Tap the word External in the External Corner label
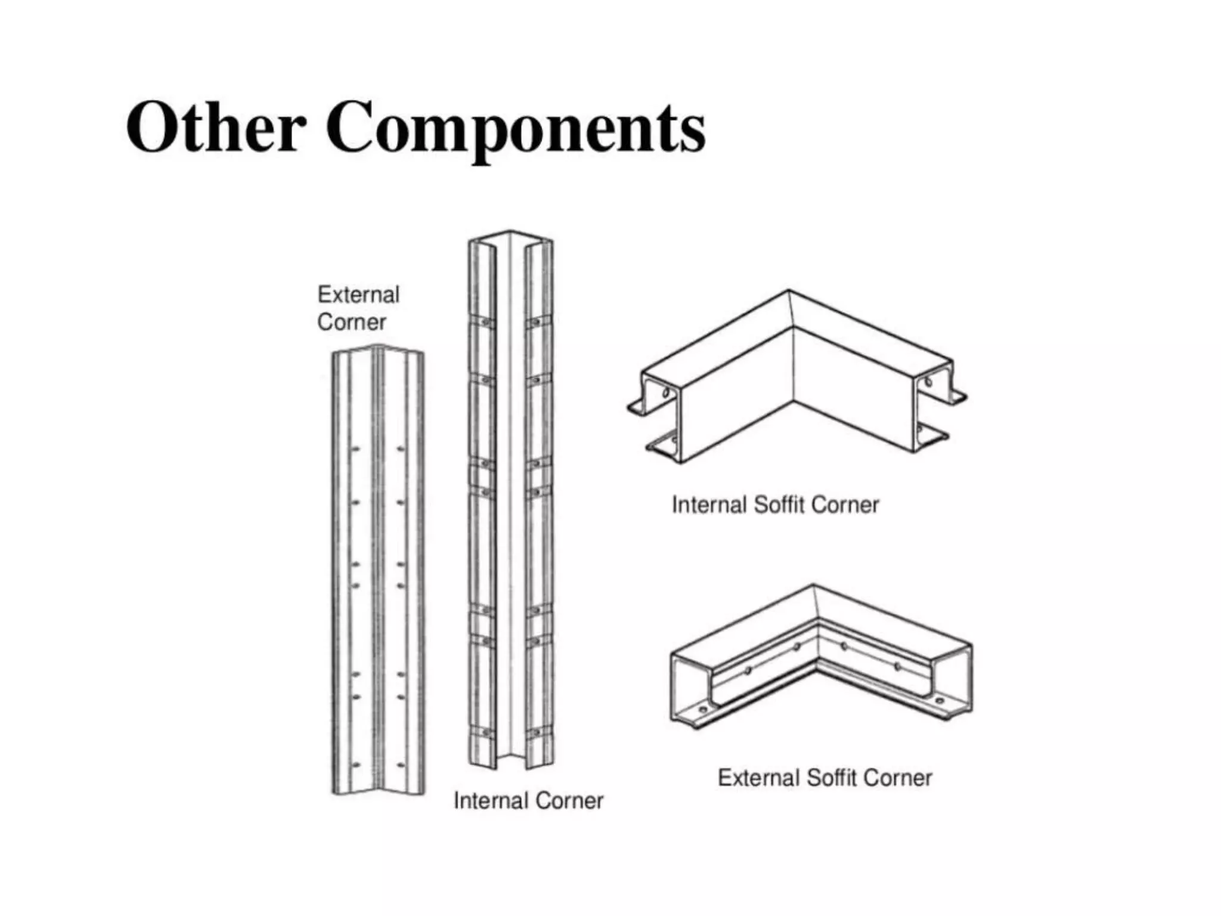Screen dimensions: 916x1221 pyautogui.click(x=358, y=295)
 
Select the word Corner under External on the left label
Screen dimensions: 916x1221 pyautogui.click(x=351, y=323)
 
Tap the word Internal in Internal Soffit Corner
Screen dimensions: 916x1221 pyautogui.click(x=709, y=505)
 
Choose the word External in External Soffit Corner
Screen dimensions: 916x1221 pyautogui.click(x=758, y=778)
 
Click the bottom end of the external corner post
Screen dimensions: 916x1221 pyautogui.click(x=378, y=788)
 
